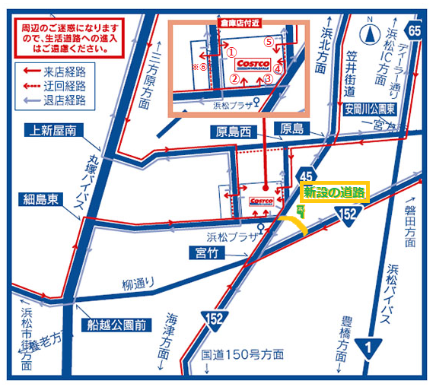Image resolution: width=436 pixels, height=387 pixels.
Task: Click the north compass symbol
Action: [x=368, y=33]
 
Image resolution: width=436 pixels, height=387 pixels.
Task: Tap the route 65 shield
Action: [x=413, y=30]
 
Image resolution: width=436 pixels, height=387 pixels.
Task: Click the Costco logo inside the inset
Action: [x=253, y=63]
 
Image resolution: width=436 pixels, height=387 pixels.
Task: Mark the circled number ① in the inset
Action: [x=231, y=52]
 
